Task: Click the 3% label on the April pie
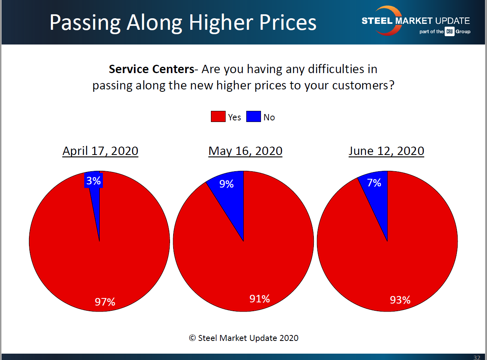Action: (x=94, y=181)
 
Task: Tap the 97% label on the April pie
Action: (x=105, y=302)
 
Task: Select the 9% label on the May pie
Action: (x=226, y=184)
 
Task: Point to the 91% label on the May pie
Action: (x=260, y=299)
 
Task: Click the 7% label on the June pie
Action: (x=374, y=183)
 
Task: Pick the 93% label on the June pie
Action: (x=400, y=300)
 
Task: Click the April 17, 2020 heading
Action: (x=100, y=151)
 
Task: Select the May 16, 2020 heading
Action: (x=245, y=151)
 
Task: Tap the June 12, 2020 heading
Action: (x=386, y=151)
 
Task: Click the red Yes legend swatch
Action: (x=218, y=117)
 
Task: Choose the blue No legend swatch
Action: (x=253, y=117)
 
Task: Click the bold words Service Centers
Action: (x=151, y=69)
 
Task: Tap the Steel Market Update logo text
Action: (x=415, y=21)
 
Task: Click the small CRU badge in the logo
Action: (x=449, y=32)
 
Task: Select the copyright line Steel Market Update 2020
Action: (x=244, y=338)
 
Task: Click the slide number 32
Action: (x=477, y=357)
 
